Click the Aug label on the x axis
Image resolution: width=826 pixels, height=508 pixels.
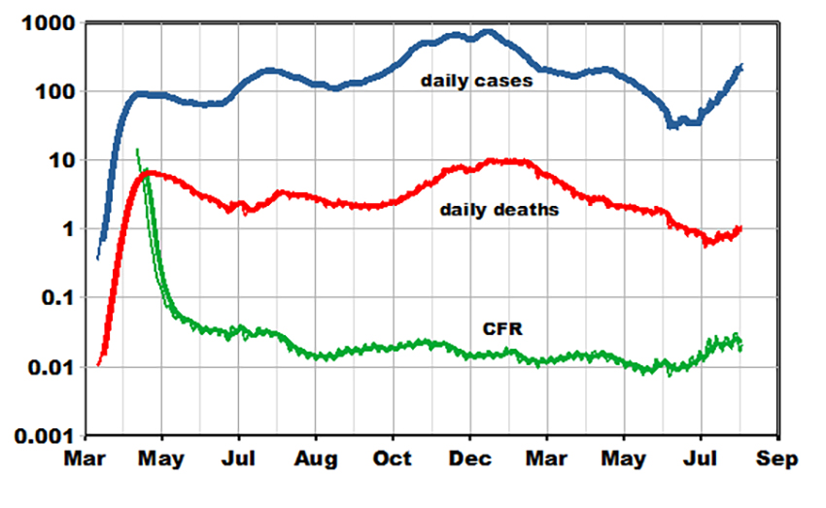(316, 458)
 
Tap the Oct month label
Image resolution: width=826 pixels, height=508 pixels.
(394, 458)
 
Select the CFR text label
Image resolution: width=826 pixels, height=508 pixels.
(503, 330)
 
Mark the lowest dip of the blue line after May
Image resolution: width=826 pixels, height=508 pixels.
(671, 125)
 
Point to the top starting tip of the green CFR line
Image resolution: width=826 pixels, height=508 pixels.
(137, 150)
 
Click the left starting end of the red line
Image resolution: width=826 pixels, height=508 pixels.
(98, 365)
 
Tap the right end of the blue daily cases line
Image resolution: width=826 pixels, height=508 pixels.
(741, 65)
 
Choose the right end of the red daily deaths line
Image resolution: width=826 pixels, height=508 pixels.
(740, 228)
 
